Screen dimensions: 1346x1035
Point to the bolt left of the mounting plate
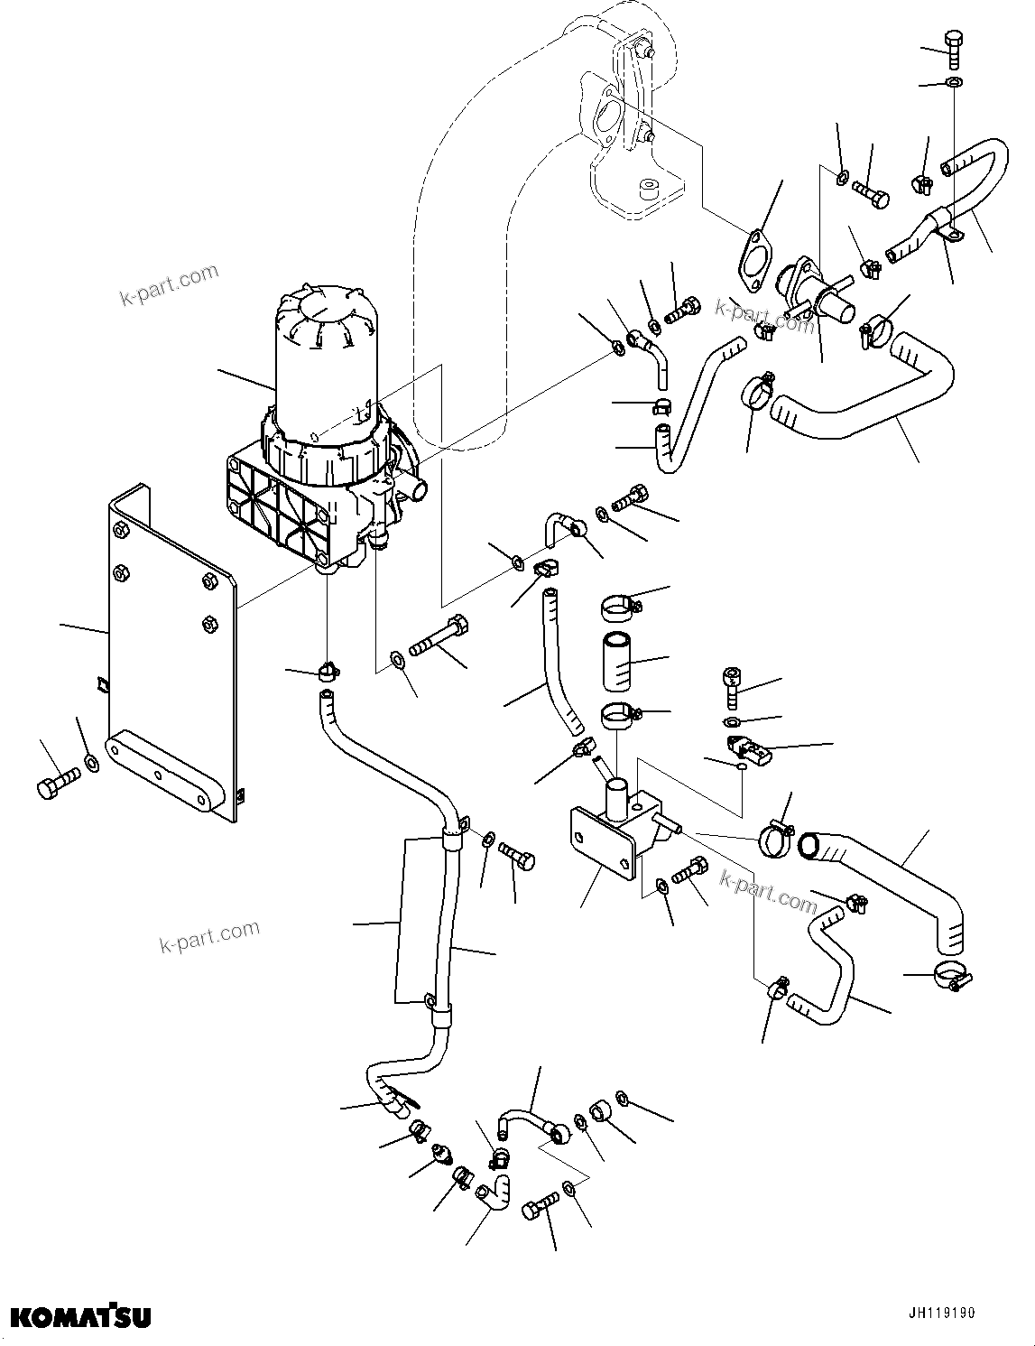tap(56, 784)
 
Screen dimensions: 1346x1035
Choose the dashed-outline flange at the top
tap(605, 117)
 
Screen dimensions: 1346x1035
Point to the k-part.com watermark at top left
tap(170, 283)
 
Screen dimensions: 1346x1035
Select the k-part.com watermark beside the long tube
tap(209, 935)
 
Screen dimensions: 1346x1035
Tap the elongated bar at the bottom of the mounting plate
tap(165, 775)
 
